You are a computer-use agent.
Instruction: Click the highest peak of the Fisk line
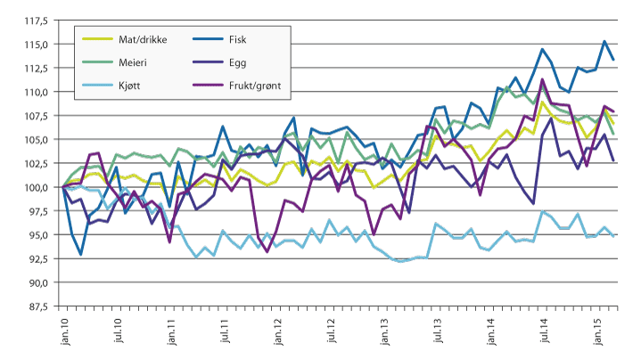point(605,41)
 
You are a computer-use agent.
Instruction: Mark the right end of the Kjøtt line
point(614,235)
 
